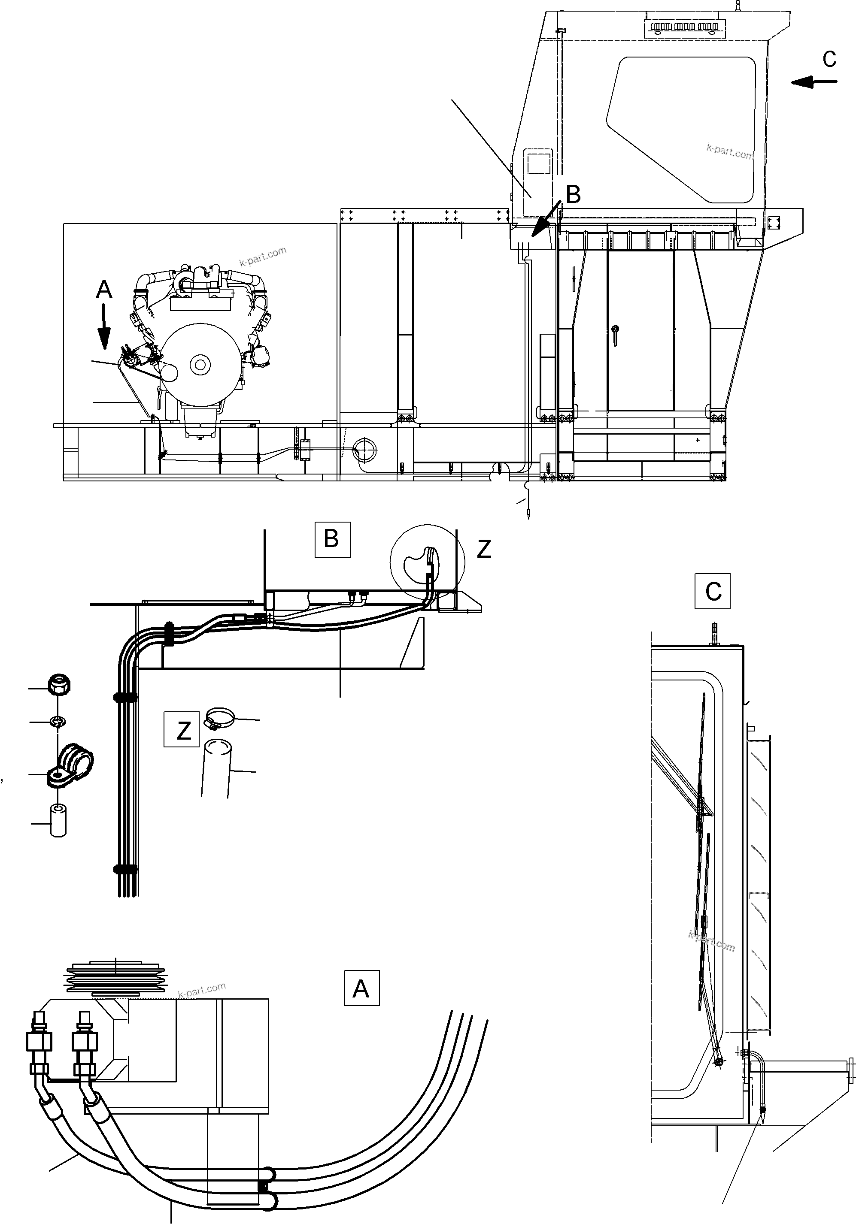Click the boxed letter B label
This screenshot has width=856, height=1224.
tap(332, 540)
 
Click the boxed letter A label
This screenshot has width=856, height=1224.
tap(361, 988)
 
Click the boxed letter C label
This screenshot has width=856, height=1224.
tap(712, 591)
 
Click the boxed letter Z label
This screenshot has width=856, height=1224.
tap(181, 729)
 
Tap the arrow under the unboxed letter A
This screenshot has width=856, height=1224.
tap(103, 327)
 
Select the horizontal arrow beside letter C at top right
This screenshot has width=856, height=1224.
tap(814, 82)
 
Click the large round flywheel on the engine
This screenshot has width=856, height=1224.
tap(200, 364)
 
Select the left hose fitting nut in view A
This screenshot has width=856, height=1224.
tap(38, 1041)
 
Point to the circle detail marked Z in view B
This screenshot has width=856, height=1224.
tap(427, 561)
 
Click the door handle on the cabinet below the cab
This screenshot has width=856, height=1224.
tap(616, 334)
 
